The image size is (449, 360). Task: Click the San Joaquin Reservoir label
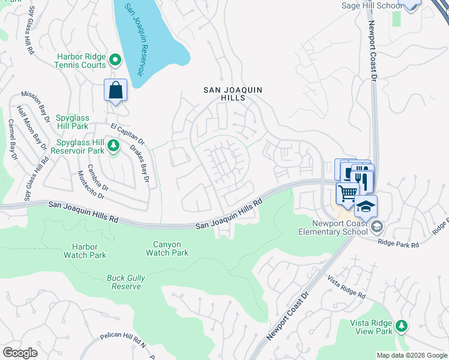[134, 40]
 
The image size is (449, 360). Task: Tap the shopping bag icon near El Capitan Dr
[115, 91]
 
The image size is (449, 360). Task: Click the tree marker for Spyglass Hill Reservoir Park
[112, 145]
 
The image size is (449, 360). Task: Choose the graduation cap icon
[365, 206]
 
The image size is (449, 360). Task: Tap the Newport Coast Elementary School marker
[376, 226]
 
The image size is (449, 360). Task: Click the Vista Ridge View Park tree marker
[400, 326]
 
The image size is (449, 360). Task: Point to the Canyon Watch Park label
[166, 248]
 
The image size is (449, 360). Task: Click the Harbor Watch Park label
[85, 251]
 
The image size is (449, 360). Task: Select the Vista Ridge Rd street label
[346, 287]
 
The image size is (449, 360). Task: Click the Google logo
[20, 353]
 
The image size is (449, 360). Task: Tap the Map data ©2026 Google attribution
[411, 355]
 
